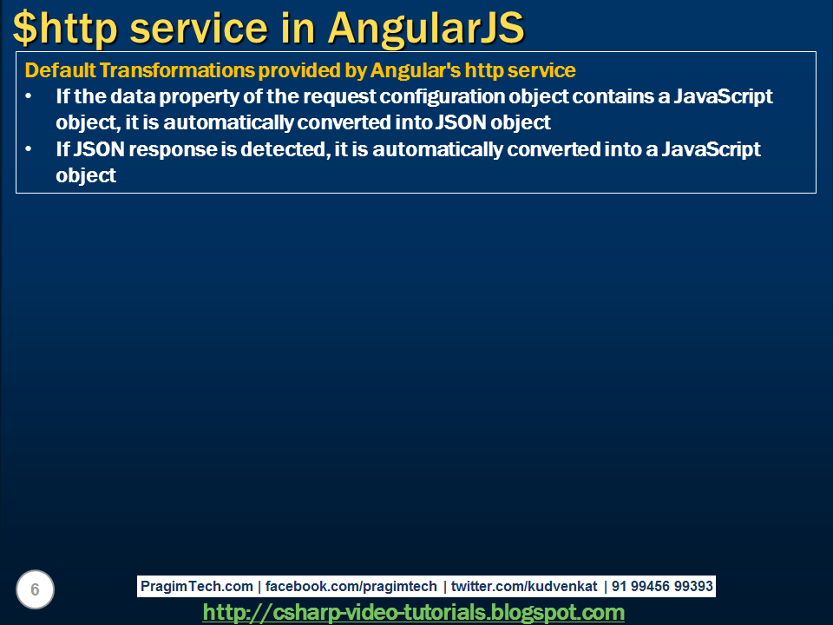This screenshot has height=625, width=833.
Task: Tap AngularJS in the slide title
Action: [426, 29]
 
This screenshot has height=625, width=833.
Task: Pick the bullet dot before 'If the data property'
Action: [30, 96]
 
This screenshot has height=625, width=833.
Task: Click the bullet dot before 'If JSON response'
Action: [30, 149]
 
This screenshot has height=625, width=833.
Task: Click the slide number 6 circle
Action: [35, 590]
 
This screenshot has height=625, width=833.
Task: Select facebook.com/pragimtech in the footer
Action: [351, 587]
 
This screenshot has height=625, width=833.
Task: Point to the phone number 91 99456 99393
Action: [662, 587]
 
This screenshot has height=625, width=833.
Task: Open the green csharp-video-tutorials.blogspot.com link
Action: [413, 612]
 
